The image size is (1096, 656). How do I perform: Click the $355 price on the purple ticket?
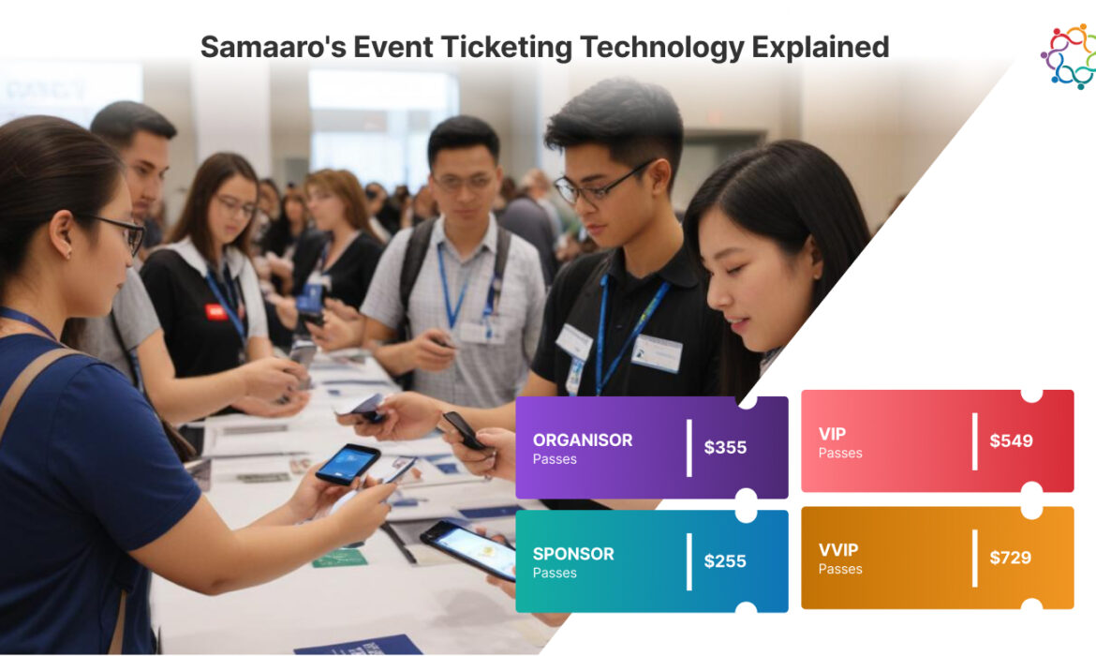pyautogui.click(x=725, y=447)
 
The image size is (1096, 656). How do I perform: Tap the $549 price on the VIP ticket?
pyautogui.click(x=1011, y=440)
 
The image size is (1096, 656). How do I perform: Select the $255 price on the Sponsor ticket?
pyautogui.click(x=725, y=561)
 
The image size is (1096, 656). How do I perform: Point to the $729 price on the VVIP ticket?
pyautogui.click(x=1011, y=558)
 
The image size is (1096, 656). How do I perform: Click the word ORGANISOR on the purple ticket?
pyautogui.click(x=582, y=440)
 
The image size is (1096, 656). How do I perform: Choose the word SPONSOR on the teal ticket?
pyautogui.click(x=573, y=554)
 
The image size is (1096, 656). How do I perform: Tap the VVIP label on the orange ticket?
pyautogui.click(x=837, y=550)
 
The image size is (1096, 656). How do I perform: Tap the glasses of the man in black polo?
pyautogui.click(x=600, y=182)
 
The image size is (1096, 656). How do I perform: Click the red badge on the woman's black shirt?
pyautogui.click(x=216, y=311)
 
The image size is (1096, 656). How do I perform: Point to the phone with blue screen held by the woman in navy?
pyautogui.click(x=348, y=463)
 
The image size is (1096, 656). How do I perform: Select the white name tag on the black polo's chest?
pyautogui.click(x=656, y=353)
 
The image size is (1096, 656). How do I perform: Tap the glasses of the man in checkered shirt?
pyautogui.click(x=464, y=181)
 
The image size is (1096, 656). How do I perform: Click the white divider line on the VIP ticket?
pyautogui.click(x=974, y=440)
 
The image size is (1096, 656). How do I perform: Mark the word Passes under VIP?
pyautogui.click(x=839, y=453)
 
